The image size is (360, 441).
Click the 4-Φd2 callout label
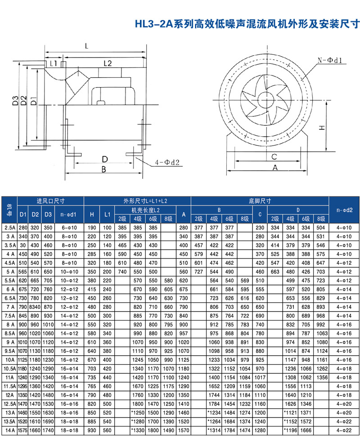tap(167, 162)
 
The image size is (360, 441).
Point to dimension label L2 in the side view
tap(108, 63)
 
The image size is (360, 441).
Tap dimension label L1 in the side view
tap(54, 63)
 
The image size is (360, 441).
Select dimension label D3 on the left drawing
tap(15, 101)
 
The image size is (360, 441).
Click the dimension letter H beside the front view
tap(322, 128)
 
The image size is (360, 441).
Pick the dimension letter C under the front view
tap(274, 156)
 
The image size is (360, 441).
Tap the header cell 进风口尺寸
tap(51, 201)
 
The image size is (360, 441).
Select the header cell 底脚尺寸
tap(260, 201)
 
